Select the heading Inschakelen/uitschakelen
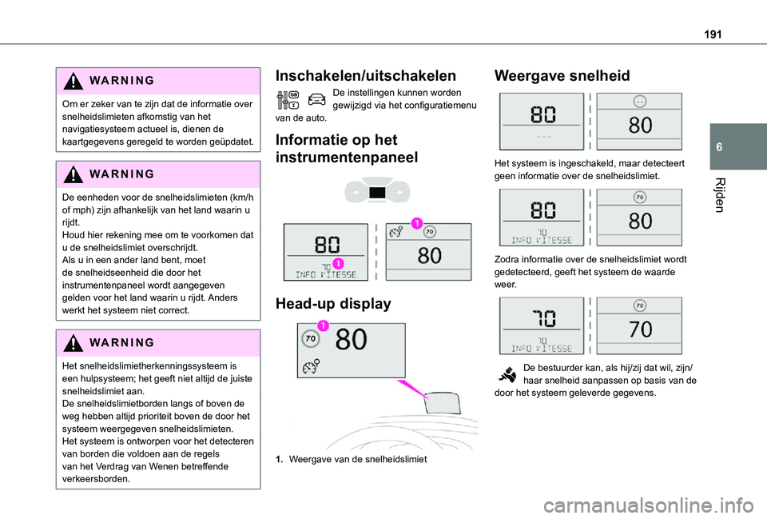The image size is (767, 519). click(x=365, y=76)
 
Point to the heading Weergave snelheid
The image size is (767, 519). click(x=562, y=76)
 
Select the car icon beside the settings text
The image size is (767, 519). click(x=315, y=101)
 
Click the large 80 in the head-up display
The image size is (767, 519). click(x=351, y=341)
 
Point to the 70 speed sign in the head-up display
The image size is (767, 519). click(x=312, y=340)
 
